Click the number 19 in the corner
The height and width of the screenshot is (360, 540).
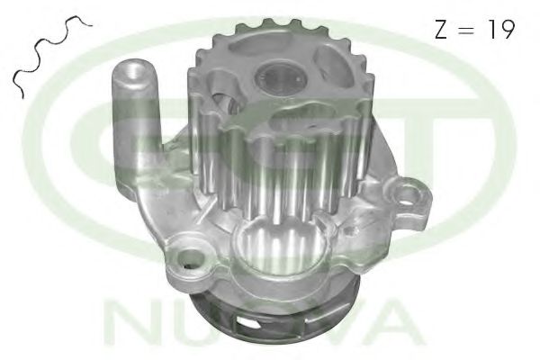click(502, 29)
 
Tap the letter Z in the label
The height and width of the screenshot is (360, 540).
click(442, 30)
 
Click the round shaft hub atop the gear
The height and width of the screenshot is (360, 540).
click(280, 76)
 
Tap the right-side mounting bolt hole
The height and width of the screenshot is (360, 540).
click(409, 193)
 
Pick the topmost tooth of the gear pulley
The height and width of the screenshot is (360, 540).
click(267, 23)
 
